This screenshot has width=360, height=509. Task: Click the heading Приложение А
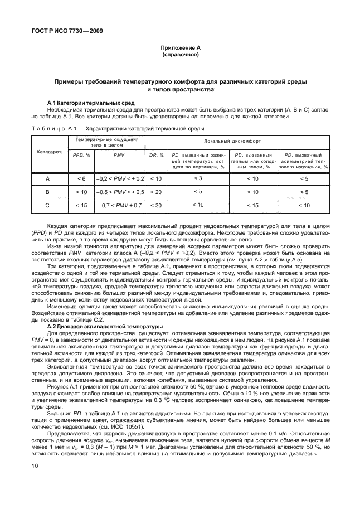[x=179, y=49]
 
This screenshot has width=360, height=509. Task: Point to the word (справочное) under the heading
[x=179, y=56]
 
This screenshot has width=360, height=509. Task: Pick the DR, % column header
[x=156, y=155]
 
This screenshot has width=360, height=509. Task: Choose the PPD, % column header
[x=81, y=155]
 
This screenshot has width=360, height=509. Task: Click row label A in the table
[x=48, y=178]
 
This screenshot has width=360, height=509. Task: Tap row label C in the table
[x=48, y=206]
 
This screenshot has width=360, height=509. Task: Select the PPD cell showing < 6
[x=81, y=178]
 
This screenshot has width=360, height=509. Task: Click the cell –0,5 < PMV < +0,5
[x=119, y=192]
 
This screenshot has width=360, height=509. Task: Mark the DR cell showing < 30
[x=156, y=206]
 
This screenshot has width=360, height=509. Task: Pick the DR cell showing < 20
[x=156, y=192]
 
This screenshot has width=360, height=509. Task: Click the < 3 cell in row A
[x=197, y=178]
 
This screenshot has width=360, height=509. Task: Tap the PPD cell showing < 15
[x=81, y=206]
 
